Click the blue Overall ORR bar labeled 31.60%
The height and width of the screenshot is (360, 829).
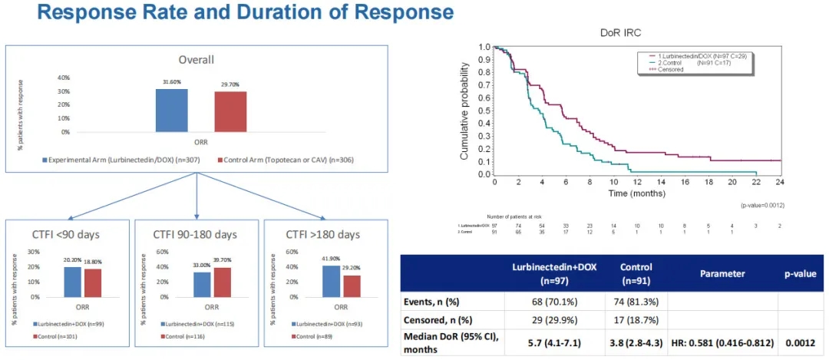pyautogui.click(x=171, y=110)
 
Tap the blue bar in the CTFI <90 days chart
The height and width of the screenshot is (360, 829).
pyautogui.click(x=73, y=281)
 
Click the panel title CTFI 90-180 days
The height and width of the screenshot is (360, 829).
pyautogui.click(x=197, y=233)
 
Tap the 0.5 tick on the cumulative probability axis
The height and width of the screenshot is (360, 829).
pyautogui.click(x=485, y=111)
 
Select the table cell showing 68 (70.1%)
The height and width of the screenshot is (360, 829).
pyautogui.click(x=543, y=302)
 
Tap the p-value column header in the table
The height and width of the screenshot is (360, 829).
pyautogui.click(x=801, y=272)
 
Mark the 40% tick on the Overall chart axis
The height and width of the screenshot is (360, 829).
pyautogui.click(x=64, y=78)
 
